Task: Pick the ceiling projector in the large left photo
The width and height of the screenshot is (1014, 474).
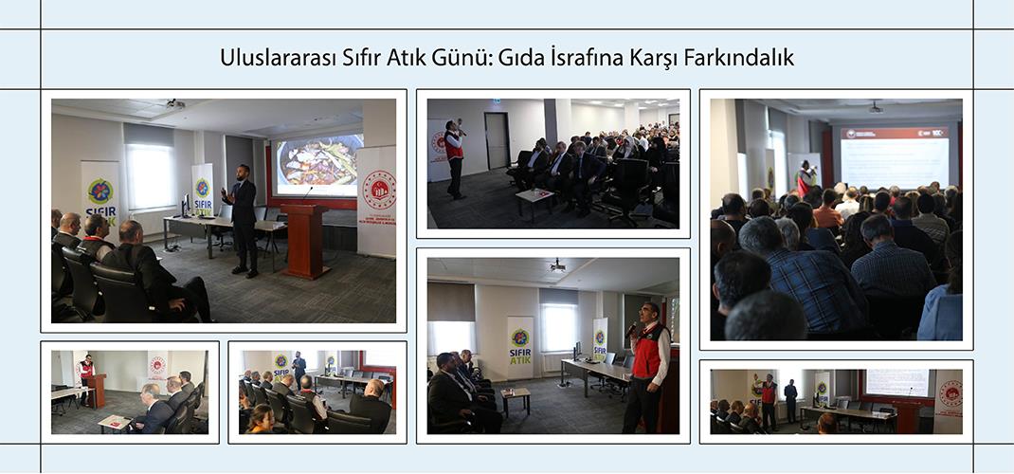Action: click(173, 102)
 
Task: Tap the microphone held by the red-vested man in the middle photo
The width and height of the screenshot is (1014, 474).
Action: click(632, 328)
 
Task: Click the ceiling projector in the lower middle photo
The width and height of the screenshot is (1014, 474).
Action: click(557, 265)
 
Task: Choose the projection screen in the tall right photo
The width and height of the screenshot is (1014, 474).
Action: click(894, 157)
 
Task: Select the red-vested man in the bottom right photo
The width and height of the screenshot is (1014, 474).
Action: click(769, 399)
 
